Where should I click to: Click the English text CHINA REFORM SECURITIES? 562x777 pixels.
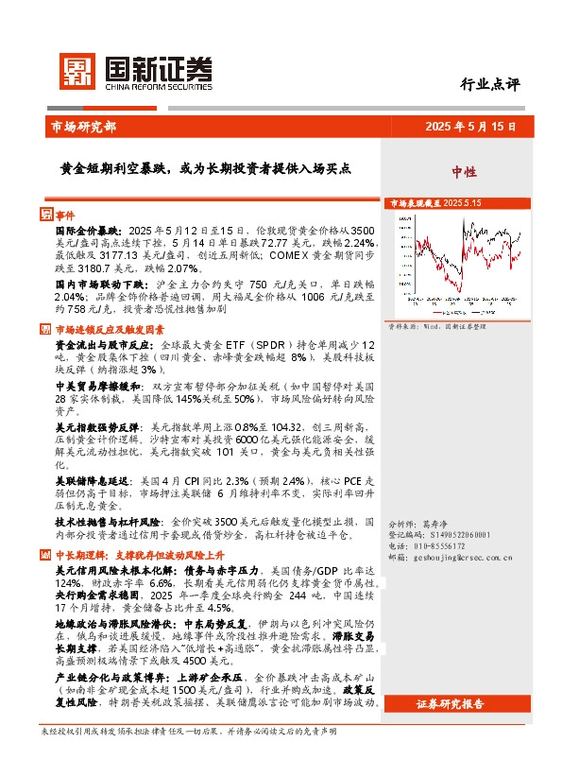[153, 81]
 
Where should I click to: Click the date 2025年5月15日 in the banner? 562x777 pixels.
[468, 126]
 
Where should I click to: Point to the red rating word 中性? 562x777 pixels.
[464, 172]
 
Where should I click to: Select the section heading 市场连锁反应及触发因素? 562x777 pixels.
[110, 330]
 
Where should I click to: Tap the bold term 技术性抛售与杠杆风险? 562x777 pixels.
[107, 521]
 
